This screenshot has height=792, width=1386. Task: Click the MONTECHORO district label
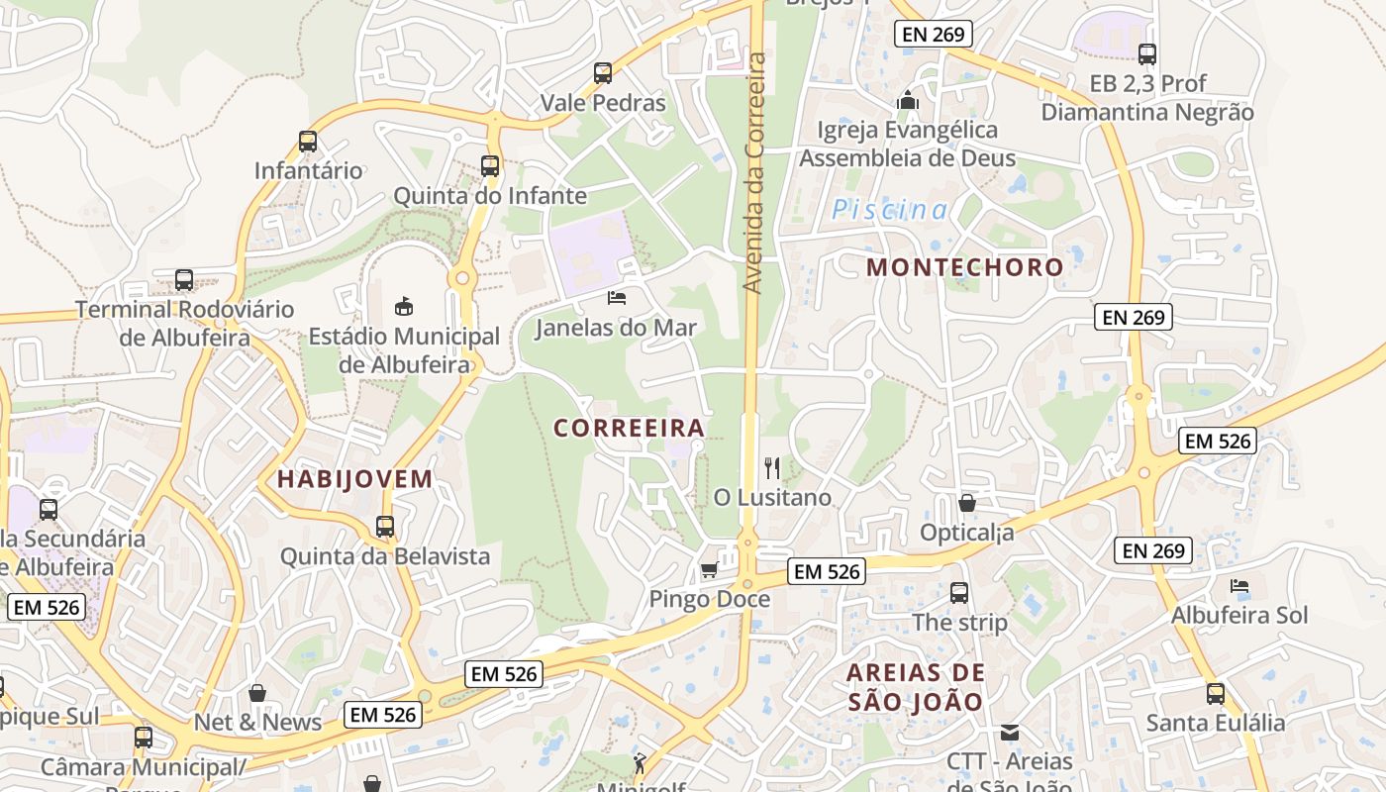tap(964, 266)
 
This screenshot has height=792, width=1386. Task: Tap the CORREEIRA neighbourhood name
tap(629, 428)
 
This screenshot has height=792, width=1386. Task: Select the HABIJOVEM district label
tap(354, 479)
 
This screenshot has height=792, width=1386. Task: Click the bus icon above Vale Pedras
tap(603, 72)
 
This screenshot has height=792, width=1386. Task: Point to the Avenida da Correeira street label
tap(754, 173)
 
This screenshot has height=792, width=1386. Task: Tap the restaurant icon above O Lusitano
tap(772, 467)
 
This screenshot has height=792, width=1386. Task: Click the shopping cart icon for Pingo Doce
tap(709, 569)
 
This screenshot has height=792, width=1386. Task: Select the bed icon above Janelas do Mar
tap(617, 297)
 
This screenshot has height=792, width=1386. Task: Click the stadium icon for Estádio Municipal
tap(403, 306)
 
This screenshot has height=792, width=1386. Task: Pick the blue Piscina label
tap(889, 210)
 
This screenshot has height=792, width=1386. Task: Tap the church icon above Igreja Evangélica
tap(907, 100)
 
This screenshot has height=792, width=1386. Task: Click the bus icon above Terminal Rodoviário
tap(184, 279)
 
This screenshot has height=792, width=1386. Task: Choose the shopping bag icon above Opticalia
tap(967, 503)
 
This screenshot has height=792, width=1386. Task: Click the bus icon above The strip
tap(958, 592)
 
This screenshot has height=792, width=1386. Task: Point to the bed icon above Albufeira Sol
tap(1239, 586)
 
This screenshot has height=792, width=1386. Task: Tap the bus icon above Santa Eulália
tap(1216, 693)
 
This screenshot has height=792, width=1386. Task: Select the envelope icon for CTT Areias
tap(1010, 733)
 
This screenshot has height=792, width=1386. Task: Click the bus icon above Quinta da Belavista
tap(385, 526)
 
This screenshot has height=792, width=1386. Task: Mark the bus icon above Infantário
tap(308, 141)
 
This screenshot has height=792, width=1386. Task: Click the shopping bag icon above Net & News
tap(257, 692)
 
